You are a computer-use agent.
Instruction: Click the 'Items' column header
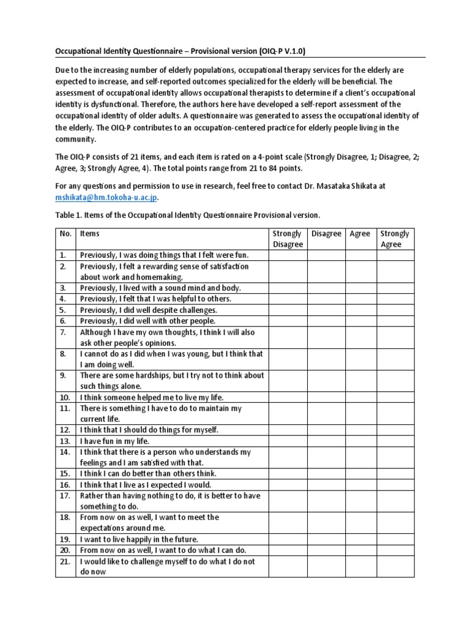[x=90, y=233]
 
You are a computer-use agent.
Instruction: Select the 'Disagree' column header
[x=326, y=233]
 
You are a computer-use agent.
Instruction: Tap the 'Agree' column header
[x=360, y=233]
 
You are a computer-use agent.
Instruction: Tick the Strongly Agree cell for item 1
[x=395, y=254]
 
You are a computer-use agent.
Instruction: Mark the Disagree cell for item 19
[x=326, y=539]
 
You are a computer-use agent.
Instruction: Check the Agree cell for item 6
[x=360, y=320]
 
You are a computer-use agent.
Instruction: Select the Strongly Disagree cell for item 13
[x=288, y=441]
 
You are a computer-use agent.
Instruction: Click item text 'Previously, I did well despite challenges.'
[x=148, y=309]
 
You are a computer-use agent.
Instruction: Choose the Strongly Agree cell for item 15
[x=395, y=473]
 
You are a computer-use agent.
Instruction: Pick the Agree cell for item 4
[x=360, y=298]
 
